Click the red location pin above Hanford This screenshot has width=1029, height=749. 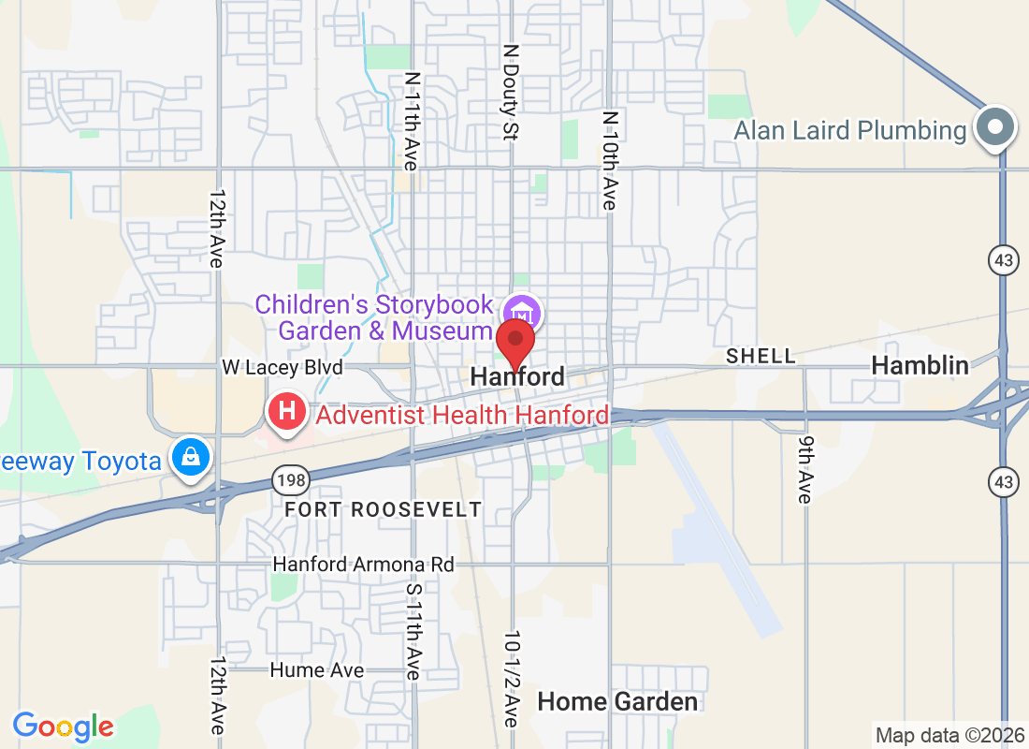point(514,342)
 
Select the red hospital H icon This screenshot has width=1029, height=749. point(288,411)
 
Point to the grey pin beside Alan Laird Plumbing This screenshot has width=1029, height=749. point(995,127)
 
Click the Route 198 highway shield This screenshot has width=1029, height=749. point(286,481)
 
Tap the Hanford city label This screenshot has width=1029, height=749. point(517,377)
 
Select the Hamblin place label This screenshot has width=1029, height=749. point(920,366)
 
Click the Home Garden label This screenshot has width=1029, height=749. point(617,701)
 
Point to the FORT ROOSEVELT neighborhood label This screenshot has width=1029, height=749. point(384,510)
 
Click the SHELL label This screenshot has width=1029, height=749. point(761,357)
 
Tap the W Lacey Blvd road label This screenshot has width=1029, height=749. point(282,367)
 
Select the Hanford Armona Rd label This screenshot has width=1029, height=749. point(363,565)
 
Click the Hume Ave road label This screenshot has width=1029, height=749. point(316,670)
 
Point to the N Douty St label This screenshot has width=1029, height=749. point(510,92)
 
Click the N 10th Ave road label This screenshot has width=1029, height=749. point(610,160)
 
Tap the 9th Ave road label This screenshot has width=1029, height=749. point(804,468)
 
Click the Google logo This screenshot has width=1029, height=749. point(64,726)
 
